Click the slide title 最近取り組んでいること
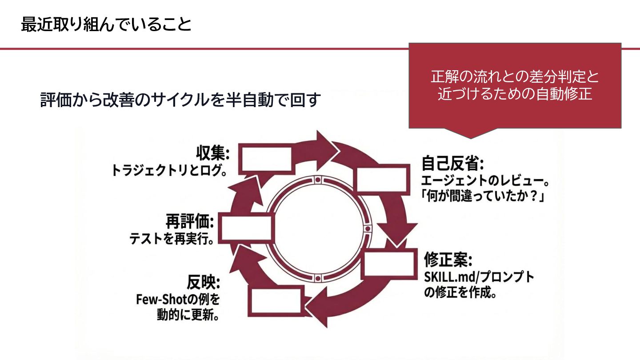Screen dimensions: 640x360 (x=106, y=25)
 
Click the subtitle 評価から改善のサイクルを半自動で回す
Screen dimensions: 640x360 (x=180, y=100)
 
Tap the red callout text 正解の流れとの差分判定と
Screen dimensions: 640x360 (x=515, y=77)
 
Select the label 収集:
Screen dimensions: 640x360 (x=212, y=154)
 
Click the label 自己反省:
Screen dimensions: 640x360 (x=452, y=164)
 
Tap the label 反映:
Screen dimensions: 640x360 (x=204, y=282)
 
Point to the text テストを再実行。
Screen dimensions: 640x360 (x=172, y=239)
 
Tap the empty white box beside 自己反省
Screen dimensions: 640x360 (x=382, y=180)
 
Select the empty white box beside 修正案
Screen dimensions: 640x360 (x=389, y=266)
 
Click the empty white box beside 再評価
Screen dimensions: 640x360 (x=246, y=228)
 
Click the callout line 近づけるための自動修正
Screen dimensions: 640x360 (x=515, y=94)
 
